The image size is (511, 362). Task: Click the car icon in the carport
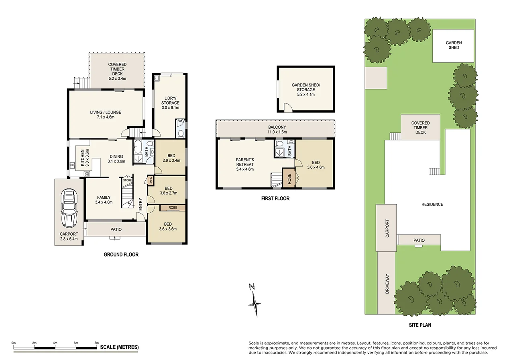[69, 209]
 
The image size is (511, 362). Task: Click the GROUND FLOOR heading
[121, 255]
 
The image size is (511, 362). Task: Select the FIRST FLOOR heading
[275, 198]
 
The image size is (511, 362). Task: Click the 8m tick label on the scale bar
[96, 343]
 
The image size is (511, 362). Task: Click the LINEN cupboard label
[151, 181]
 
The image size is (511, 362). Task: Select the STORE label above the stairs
[127, 181]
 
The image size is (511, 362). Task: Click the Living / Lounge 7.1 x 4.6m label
[106, 115]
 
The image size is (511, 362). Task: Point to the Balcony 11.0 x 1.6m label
[275, 129]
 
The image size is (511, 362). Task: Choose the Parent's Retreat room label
[245, 164]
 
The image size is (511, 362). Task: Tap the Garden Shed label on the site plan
[454, 45]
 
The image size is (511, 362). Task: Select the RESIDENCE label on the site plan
[432, 204]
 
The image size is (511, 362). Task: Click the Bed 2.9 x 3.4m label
[171, 158]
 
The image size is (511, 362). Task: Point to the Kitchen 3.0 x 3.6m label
[84, 158]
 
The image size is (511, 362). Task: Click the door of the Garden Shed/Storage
[288, 107]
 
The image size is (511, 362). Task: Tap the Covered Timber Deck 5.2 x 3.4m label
[117, 71]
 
